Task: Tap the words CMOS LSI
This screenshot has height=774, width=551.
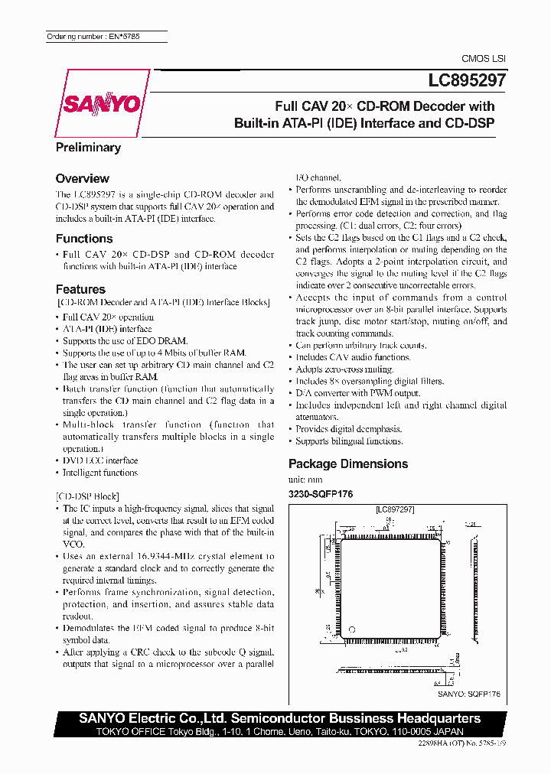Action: point(483,58)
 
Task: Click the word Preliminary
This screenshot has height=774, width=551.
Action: point(88,148)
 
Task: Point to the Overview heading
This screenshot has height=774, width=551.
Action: point(82,178)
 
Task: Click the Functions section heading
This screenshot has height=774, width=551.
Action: point(84,239)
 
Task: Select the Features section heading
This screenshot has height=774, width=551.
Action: point(80,289)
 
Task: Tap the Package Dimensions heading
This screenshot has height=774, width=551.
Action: point(347,463)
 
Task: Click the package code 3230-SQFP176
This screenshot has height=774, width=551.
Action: point(321,494)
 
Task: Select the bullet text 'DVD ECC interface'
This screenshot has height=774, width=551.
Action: point(99,460)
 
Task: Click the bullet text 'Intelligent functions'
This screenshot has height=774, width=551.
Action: point(99,473)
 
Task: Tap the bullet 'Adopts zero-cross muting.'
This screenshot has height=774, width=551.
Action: point(344,369)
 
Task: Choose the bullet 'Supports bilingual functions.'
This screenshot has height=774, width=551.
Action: point(349,441)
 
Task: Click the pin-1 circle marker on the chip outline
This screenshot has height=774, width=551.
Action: point(353,628)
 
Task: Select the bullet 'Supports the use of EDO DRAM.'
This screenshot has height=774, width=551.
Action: point(125,340)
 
